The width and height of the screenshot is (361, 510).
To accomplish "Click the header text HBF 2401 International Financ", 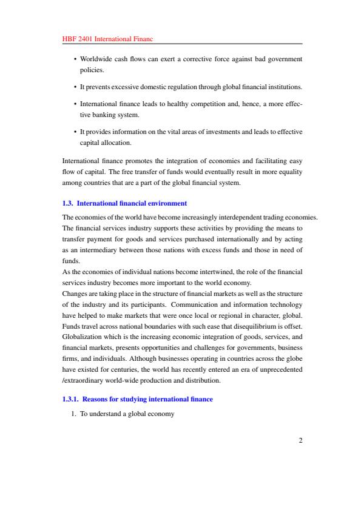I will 107,39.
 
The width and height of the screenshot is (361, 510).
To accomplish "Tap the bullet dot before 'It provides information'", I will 74,132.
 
